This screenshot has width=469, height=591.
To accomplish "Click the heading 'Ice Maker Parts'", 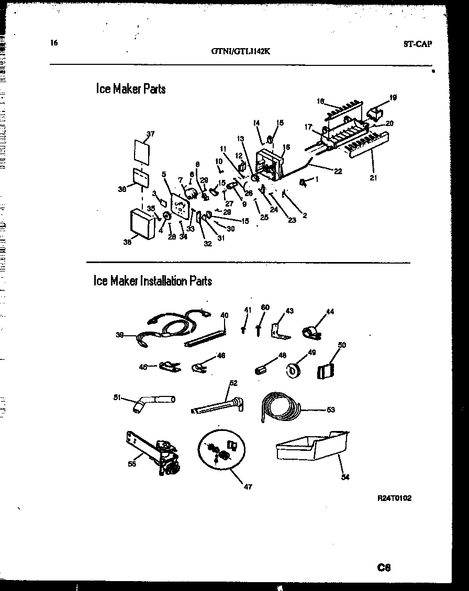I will pyautogui.click(x=130, y=89).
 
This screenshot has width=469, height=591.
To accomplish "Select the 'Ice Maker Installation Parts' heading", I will pyautogui.click(x=152, y=281).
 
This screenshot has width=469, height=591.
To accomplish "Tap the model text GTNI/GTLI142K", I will pyautogui.click(x=241, y=51).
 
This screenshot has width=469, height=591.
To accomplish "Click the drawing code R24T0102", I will pyautogui.click(x=394, y=498).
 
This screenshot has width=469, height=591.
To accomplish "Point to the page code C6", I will pyautogui.click(x=384, y=567).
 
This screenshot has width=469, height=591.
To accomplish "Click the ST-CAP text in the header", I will pyautogui.click(x=418, y=44).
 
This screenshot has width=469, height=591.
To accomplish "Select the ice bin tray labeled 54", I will pyautogui.click(x=311, y=448).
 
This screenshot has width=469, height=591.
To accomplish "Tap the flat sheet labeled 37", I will pyautogui.click(x=140, y=151).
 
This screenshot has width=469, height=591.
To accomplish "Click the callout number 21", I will pyautogui.click(x=373, y=178).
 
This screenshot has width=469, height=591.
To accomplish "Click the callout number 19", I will pyautogui.click(x=393, y=97).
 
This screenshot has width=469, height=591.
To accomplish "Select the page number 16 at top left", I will pyautogui.click(x=54, y=43).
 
